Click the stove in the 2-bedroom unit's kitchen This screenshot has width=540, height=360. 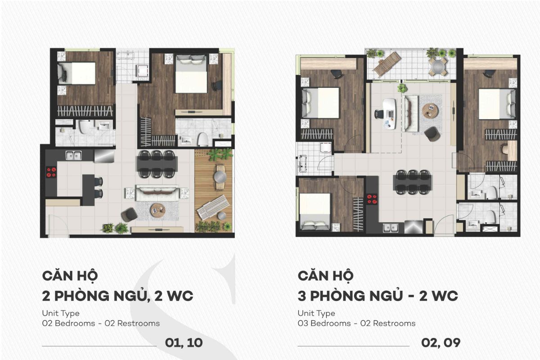coord(51,172)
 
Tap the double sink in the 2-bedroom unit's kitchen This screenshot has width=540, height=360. coord(74,155)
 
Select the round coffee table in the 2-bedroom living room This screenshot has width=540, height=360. coord(157,211)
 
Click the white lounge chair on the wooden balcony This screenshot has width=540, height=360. coord(213,207)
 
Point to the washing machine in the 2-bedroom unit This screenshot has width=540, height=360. coord(142,71)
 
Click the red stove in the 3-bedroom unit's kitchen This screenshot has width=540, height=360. coord(372,199)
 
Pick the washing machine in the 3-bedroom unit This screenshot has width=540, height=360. coord(326,148)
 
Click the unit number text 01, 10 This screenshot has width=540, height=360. coord(184,343)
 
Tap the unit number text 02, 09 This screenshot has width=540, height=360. coord(441,343)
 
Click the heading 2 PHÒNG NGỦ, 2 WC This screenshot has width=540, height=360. coord(117,296)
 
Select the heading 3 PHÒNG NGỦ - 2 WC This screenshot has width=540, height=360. coord(378,296)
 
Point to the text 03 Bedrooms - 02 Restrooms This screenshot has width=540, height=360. coord(356,324)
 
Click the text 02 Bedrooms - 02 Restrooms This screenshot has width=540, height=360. coord(101,324)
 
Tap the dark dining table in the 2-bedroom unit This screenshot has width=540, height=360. coord(157,164)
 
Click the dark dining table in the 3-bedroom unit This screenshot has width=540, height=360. coord(413,182)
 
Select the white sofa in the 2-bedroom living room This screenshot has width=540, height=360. coord(157,193)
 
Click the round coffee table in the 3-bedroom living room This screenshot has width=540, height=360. coord(430,111)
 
